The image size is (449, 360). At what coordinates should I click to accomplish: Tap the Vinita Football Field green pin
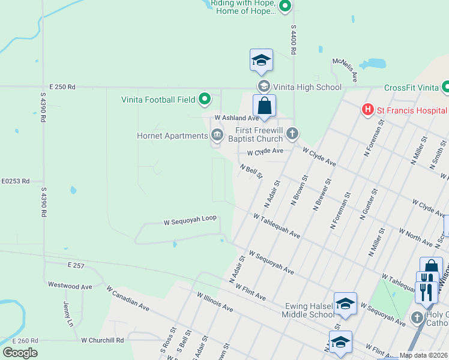tap(205, 99)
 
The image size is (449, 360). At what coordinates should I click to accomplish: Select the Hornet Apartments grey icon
tap(216, 136)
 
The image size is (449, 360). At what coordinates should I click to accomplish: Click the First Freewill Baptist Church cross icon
tap(292, 133)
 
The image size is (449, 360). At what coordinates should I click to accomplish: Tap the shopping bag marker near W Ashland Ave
tap(264, 106)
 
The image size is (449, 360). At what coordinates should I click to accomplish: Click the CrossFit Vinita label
tap(412, 88)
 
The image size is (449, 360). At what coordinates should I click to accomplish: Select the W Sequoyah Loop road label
tap(190, 221)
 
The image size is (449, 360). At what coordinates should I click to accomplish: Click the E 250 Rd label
tap(62, 87)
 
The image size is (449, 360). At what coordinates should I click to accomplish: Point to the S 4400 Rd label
tap(294, 40)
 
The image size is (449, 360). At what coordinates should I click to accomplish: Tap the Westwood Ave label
tap(70, 286)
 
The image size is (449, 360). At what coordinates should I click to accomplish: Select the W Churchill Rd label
tap(103, 340)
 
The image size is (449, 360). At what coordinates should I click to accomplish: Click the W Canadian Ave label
tap(128, 298)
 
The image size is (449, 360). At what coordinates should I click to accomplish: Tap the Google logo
tap(20, 352)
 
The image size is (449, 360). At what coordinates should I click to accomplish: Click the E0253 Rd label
tap(15, 181)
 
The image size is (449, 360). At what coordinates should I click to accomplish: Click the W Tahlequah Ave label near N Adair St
tap(276, 226)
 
